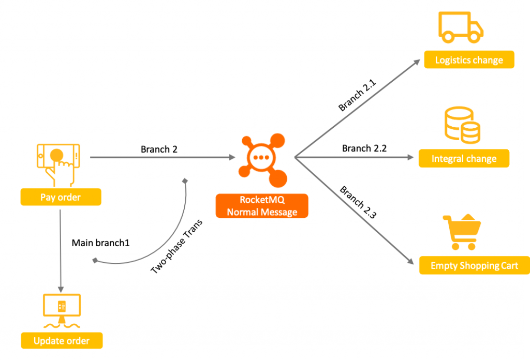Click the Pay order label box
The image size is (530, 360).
(61, 197)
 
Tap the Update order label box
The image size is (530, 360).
(62, 341)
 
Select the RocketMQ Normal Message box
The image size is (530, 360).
(262, 206)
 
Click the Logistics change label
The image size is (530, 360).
(469, 60)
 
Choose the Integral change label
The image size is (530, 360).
(464, 159)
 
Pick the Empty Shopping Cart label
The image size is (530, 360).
(474, 266)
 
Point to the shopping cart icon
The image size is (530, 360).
(461, 232)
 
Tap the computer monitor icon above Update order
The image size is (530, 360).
(62, 310)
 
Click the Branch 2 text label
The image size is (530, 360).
(159, 149)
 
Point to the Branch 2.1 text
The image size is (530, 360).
(358, 95)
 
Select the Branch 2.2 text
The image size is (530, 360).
(364, 148)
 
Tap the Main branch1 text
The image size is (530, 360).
(100, 243)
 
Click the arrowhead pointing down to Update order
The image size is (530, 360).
(61, 289)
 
